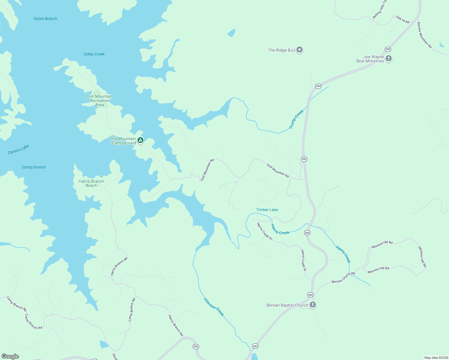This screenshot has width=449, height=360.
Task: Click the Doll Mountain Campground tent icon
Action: [x=140, y=140]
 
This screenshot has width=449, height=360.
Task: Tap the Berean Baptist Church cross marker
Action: [x=312, y=305]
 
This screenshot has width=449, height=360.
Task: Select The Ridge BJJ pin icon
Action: [x=299, y=50]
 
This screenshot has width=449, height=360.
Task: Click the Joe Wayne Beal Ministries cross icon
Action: [x=389, y=58]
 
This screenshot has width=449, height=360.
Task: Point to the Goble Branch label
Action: [x=45, y=19]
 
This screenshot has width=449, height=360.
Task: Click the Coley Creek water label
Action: [x=94, y=54]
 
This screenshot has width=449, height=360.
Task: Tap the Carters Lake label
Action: [x=19, y=149]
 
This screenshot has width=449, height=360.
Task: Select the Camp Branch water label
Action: [x=34, y=167]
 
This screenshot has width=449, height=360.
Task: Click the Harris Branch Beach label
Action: [x=91, y=183]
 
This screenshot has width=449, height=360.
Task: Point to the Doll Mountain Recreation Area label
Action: [x=100, y=100]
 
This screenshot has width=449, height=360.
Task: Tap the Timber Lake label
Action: [x=267, y=210]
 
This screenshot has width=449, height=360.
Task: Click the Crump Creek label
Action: [x=296, y=119]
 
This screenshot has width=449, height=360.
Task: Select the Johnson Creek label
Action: [x=214, y=307]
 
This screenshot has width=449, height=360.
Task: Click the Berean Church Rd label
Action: [x=343, y=277]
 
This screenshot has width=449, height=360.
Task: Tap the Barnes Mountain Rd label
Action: [x=424, y=35]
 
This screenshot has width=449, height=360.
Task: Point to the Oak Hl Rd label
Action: [x=403, y=20]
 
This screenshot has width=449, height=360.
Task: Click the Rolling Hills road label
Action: [x=380, y=10]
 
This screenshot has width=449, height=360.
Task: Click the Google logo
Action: [x=10, y=356]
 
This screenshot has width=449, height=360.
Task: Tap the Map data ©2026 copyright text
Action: [x=436, y=358]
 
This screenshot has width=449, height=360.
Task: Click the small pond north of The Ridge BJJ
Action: [x=231, y=33]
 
